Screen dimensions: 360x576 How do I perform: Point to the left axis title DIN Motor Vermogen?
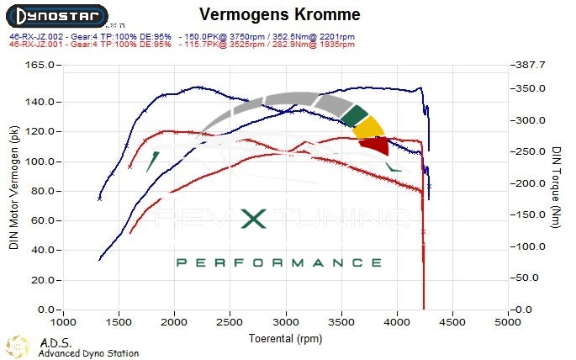13,188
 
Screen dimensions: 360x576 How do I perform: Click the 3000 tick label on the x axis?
285,322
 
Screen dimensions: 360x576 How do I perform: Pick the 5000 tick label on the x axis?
507,322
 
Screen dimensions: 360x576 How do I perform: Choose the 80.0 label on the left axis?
43,191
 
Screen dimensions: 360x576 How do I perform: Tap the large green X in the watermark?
255,220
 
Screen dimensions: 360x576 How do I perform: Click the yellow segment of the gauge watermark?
367,128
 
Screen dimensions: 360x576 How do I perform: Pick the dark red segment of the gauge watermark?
375,146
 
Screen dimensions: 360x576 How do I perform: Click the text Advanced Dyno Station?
88,354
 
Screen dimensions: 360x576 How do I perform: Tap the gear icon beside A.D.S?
18,345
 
